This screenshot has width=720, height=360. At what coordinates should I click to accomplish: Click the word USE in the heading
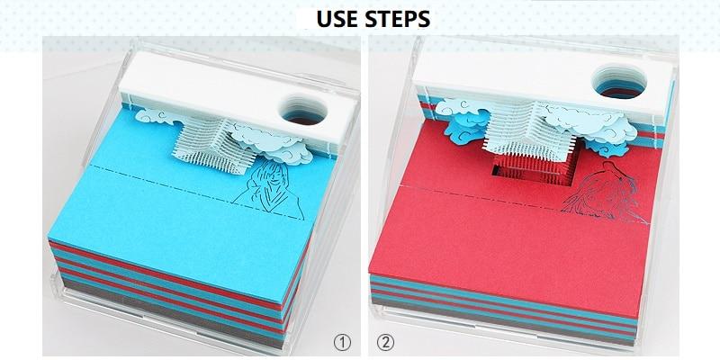[337, 19]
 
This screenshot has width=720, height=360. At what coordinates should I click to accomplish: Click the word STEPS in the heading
[398, 19]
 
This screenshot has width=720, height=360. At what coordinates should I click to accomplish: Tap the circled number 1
[342, 342]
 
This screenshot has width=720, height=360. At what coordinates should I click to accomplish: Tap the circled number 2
[386, 342]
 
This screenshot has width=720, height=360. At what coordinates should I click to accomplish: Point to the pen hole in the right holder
[619, 81]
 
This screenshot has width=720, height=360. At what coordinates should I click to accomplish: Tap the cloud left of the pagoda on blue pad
[156, 117]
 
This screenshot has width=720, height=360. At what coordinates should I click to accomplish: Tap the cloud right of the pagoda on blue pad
[271, 142]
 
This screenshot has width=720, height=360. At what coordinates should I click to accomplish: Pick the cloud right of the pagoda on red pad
[592, 125]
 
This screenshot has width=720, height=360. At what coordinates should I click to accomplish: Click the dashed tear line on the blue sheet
[198, 192]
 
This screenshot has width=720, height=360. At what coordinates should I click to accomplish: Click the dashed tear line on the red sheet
[524, 203]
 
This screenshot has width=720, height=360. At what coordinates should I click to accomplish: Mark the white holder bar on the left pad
[229, 94]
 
